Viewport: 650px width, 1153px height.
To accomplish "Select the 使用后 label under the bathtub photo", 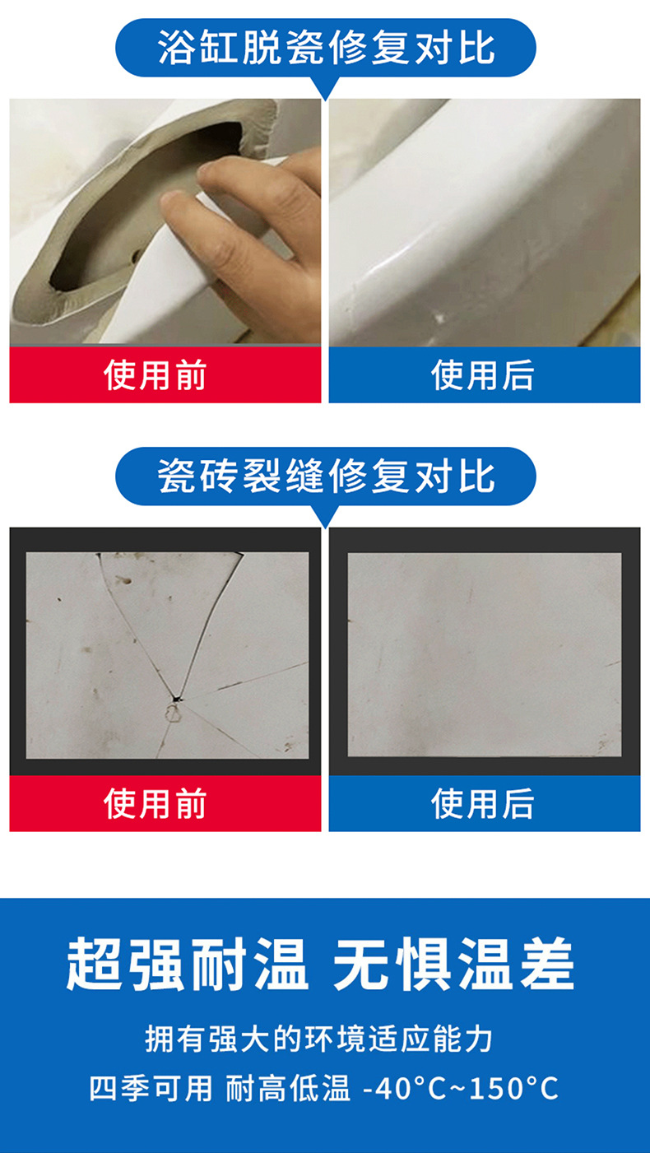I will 483,375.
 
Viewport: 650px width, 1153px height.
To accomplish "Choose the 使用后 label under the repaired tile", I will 483,803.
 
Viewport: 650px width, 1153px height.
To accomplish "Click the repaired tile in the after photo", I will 484,654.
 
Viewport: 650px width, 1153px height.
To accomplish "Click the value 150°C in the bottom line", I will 514,1090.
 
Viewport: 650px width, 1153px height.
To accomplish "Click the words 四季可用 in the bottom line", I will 151,1090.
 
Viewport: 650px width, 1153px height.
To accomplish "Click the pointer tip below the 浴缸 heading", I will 326,98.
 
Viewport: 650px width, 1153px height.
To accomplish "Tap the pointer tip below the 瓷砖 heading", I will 326,526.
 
